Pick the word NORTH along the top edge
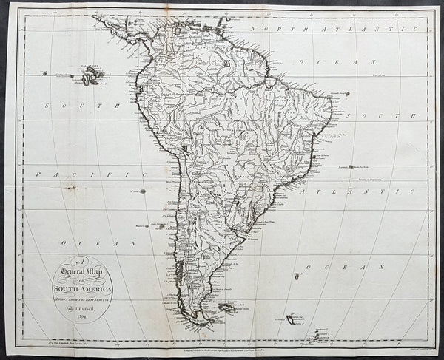pos(274,27)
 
